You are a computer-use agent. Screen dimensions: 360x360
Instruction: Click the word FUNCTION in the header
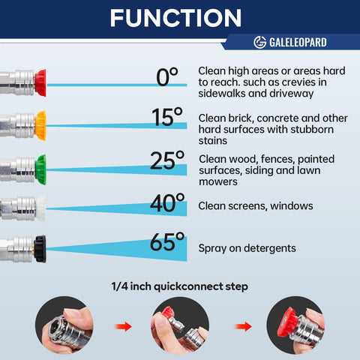(175, 18)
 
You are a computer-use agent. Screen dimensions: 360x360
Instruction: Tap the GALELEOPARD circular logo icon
(260, 42)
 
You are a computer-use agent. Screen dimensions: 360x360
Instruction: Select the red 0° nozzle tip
(40, 83)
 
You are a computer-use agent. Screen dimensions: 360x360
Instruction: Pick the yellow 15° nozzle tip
(40, 125)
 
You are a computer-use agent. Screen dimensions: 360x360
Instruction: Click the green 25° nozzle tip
(40, 169)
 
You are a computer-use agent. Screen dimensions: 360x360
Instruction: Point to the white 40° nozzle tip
(41, 208)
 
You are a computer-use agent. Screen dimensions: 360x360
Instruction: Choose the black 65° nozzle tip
(40, 249)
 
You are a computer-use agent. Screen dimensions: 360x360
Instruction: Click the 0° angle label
(167, 77)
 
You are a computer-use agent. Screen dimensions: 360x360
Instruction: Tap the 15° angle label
(167, 117)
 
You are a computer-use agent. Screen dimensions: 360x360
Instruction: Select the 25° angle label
(167, 160)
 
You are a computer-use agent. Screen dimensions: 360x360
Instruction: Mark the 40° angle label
(167, 202)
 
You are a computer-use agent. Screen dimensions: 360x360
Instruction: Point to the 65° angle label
(167, 242)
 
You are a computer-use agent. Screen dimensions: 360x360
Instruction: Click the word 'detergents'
(270, 248)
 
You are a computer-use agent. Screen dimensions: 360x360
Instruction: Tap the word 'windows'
(292, 206)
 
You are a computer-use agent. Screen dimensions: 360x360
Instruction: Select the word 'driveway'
(292, 94)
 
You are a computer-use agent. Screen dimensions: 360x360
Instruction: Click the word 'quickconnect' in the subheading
(188, 286)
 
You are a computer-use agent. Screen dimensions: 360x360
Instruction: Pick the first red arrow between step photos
(123, 326)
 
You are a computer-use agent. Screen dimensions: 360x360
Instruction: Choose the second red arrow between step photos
(244, 326)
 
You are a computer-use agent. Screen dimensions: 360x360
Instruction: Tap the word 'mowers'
(218, 182)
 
